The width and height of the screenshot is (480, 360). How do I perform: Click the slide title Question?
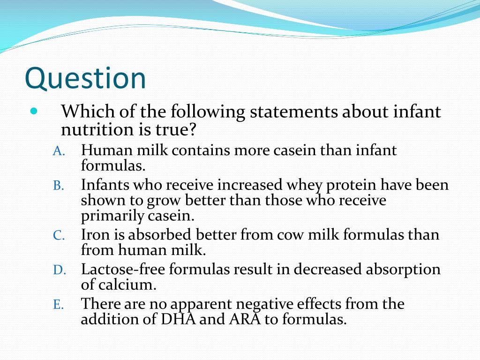point(85,79)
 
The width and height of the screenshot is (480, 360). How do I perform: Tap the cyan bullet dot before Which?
point(33,112)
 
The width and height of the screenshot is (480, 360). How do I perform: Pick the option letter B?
point(58,186)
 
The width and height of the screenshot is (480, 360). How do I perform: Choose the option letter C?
point(58,235)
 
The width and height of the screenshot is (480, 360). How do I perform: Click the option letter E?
point(58,305)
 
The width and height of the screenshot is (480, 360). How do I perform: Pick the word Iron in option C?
point(94,234)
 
